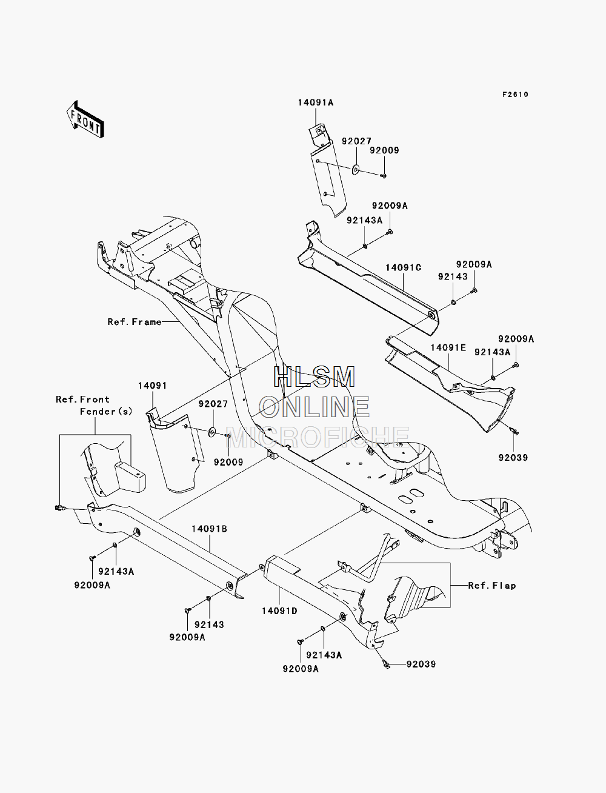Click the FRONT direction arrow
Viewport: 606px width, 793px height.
(85, 119)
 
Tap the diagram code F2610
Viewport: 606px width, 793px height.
(515, 95)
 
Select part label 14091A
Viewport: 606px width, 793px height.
(316, 103)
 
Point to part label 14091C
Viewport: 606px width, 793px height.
(404, 268)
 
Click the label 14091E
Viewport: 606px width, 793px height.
(448, 347)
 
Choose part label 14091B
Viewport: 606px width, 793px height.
(210, 529)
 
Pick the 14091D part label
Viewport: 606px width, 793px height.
(279, 611)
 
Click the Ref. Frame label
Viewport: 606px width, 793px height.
(135, 321)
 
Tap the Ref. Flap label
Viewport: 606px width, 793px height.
(492, 586)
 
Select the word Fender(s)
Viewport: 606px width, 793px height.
(106, 412)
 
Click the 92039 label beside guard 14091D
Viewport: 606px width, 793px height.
(421, 664)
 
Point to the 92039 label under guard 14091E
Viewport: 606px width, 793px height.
(513, 458)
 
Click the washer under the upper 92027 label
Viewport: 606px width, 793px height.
(356, 169)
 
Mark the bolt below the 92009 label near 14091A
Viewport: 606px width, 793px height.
(384, 176)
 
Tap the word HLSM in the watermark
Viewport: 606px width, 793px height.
(314, 377)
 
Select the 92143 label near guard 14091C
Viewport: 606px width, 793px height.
(453, 276)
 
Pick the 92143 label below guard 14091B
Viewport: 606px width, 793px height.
(210, 624)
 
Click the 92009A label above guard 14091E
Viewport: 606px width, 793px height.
(516, 339)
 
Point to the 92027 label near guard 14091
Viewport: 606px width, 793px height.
(213, 404)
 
